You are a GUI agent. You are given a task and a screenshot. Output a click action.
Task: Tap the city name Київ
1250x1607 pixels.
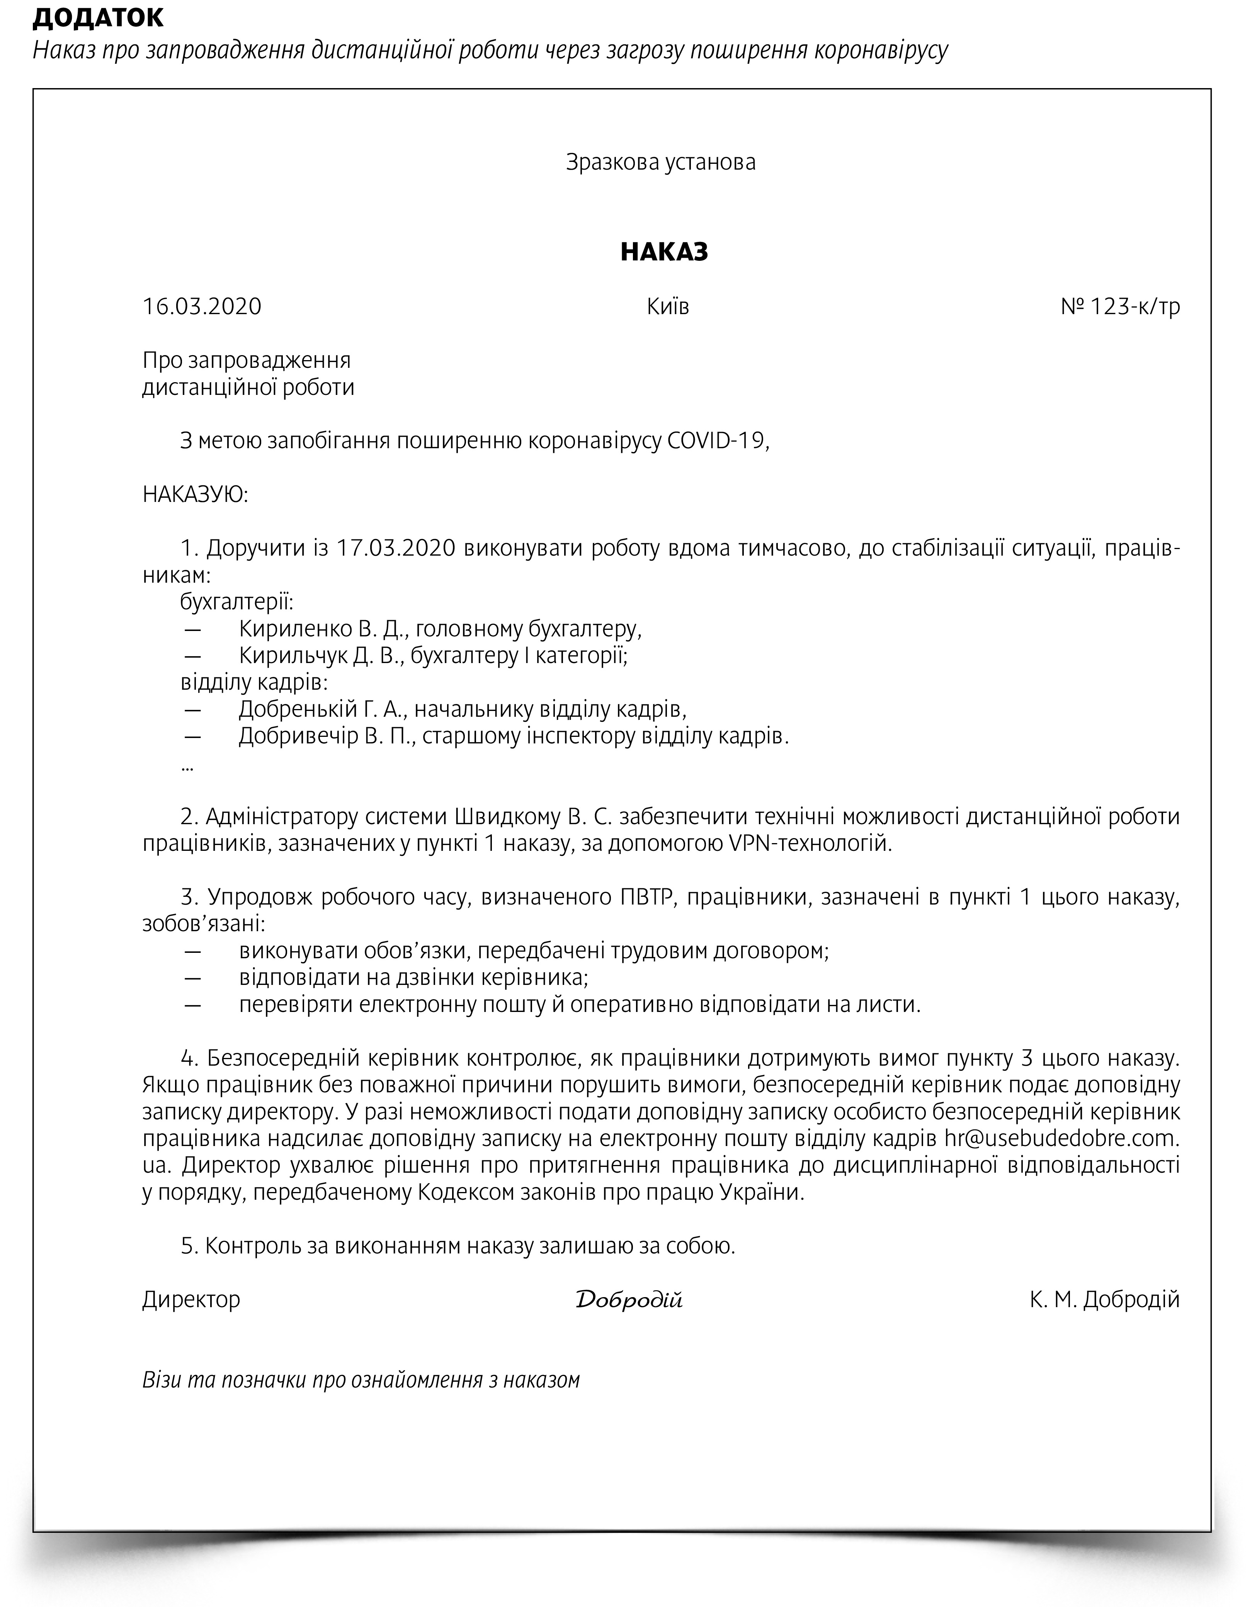[667, 306]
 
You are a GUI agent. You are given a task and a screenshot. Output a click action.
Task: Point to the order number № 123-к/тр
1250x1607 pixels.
[1120, 306]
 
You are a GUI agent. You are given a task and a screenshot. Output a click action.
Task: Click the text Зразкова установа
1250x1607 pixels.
[660, 162]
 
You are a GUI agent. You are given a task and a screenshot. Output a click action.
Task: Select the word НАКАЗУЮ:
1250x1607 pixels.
[195, 495]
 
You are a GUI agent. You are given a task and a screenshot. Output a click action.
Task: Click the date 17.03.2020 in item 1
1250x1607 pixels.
[396, 549]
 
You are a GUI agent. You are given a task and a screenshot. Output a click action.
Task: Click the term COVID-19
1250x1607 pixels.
[716, 441]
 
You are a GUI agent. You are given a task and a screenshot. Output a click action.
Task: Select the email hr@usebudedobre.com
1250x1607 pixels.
[1062, 1139]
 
